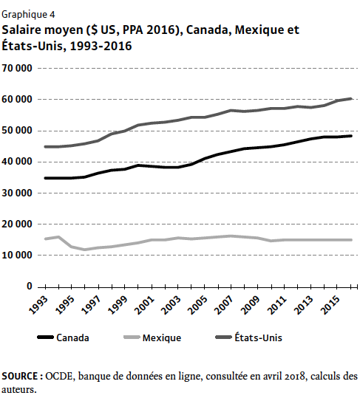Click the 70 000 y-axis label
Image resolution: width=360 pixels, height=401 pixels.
pyautogui.click(x=17, y=68)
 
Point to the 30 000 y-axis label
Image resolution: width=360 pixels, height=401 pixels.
pyautogui.click(x=17, y=193)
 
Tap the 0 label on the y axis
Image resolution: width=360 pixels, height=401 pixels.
pyautogui.click(x=30, y=287)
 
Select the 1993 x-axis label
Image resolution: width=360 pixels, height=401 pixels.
pyautogui.click(x=38, y=305)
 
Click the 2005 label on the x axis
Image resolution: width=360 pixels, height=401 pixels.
pyautogui.click(x=197, y=305)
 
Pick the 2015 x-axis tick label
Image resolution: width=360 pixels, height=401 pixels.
pyautogui.click(x=331, y=305)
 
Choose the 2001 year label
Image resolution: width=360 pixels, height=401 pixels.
pyautogui.click(x=145, y=305)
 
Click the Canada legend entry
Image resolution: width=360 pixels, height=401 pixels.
pyautogui.click(x=72, y=337)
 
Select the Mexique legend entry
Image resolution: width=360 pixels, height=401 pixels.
pyautogui.click(x=162, y=337)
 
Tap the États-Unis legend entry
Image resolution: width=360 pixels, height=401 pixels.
pyautogui.click(x=258, y=337)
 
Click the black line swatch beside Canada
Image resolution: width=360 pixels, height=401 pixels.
pyautogui.click(x=45, y=337)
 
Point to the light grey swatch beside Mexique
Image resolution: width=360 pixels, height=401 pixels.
pyautogui.click(x=132, y=337)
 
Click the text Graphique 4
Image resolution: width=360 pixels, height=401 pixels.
pyautogui.click(x=28, y=15)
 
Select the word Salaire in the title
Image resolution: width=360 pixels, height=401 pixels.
pyautogui.click(x=21, y=30)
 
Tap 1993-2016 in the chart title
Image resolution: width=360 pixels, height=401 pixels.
pyautogui.click(x=101, y=46)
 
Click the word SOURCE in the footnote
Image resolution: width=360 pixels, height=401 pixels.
pyautogui.click(x=19, y=376)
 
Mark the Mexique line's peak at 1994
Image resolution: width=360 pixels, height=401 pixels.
pyautogui.click(x=58, y=237)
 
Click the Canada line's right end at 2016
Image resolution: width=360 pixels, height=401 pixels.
pyautogui.click(x=351, y=136)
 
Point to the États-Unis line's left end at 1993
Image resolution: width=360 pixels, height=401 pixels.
pyautogui.click(x=46, y=147)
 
